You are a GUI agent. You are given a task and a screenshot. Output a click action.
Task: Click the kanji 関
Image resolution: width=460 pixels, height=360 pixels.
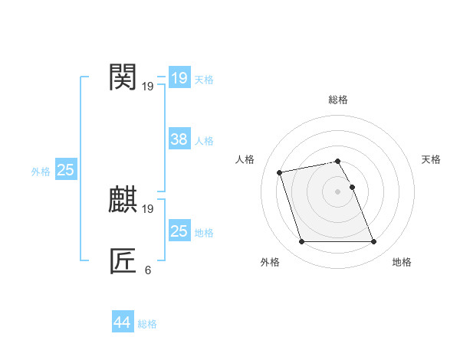pyautogui.click(x=123, y=77)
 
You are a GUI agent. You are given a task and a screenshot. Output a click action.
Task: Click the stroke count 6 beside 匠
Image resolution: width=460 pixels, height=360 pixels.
pyautogui.click(x=147, y=270)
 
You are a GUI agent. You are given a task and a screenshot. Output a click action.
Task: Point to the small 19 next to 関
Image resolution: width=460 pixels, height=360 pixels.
pyautogui.click(x=147, y=87)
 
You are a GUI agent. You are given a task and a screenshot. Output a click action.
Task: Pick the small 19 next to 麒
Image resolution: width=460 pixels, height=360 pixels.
pyautogui.click(x=147, y=209)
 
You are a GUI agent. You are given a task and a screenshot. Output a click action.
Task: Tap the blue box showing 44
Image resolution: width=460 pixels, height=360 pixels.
pyautogui.click(x=122, y=322)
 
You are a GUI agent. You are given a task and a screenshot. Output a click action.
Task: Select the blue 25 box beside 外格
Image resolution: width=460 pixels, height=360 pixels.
pyautogui.click(x=65, y=170)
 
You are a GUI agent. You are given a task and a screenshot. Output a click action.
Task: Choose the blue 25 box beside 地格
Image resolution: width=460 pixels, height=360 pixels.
pyautogui.click(x=179, y=231)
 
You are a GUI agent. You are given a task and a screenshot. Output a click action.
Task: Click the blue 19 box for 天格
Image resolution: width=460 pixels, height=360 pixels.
pyautogui.click(x=179, y=77)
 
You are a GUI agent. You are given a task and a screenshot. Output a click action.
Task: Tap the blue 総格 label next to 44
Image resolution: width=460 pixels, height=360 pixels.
pyautogui.click(x=147, y=324)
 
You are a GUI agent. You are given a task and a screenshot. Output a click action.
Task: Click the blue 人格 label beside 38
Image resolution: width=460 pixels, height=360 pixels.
pyautogui.click(x=204, y=141)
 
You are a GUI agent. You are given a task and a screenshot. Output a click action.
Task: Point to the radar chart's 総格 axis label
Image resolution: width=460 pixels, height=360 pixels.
pyautogui.click(x=338, y=100)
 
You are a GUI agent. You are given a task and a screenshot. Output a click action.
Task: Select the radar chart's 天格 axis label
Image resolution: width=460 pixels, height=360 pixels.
pyautogui.click(x=431, y=159)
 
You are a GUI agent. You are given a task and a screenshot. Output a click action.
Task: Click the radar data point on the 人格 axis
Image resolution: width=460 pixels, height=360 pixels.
pyautogui.click(x=280, y=172)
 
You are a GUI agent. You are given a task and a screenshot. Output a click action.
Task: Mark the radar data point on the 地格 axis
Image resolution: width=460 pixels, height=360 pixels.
pyautogui.click(x=373, y=242)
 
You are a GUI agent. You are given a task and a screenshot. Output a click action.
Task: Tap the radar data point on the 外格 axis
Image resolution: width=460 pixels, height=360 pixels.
pyautogui.click(x=301, y=242)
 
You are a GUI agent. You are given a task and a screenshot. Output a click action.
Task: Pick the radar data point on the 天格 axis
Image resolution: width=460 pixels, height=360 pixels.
pyautogui.click(x=352, y=187)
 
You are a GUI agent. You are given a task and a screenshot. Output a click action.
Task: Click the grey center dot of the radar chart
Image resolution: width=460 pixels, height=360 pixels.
pyautogui.click(x=337, y=191)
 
